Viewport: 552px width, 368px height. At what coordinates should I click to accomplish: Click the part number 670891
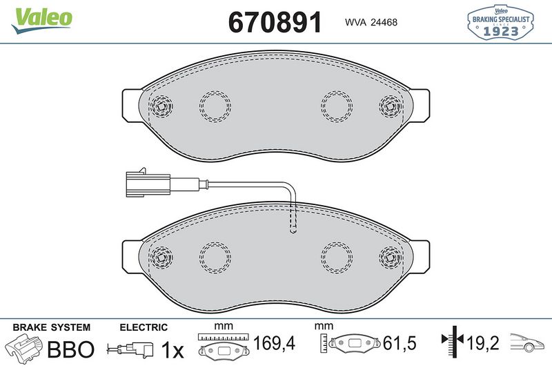pyautogui.click(x=275, y=22)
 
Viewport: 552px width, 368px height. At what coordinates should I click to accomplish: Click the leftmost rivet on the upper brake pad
pyautogui.click(x=163, y=106)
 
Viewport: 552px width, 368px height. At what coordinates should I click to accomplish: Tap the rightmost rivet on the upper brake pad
pyautogui.click(x=389, y=106)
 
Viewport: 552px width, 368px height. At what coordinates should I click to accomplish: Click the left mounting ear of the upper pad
pyautogui.click(x=130, y=106)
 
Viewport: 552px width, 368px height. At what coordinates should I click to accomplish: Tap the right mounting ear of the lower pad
pyautogui.click(x=422, y=257)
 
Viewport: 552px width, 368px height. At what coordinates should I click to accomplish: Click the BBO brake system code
pyautogui.click(x=70, y=350)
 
